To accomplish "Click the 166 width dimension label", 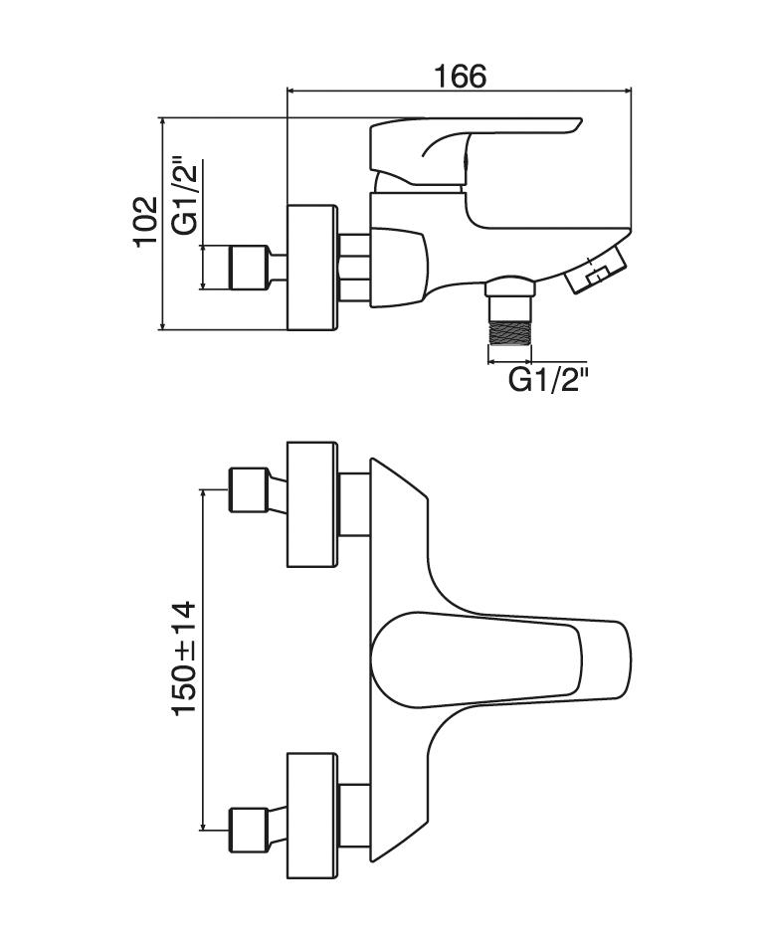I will pyautogui.click(x=459, y=76).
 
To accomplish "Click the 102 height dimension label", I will pyautogui.click(x=146, y=221).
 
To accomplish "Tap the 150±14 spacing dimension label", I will pyautogui.click(x=185, y=659).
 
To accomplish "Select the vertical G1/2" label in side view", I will pyautogui.click(x=186, y=195).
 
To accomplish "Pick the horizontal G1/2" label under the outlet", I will pyautogui.click(x=548, y=379).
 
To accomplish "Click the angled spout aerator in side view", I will pyautogui.click(x=596, y=271).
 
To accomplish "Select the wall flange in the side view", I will pyautogui.click(x=312, y=268).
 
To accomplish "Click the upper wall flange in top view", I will pyautogui.click(x=312, y=504).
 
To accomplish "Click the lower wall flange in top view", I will pyautogui.click(x=312, y=817).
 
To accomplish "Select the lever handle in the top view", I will pyautogui.click(x=502, y=658).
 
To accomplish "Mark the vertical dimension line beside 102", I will pyautogui.click(x=162, y=223).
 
